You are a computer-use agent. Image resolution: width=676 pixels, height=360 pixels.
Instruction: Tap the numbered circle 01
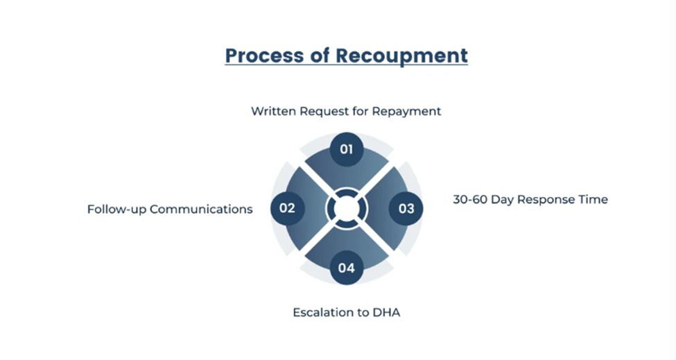point(347,149)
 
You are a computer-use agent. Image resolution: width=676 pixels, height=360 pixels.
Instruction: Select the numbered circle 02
point(287,208)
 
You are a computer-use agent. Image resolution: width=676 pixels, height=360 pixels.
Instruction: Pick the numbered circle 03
point(406,208)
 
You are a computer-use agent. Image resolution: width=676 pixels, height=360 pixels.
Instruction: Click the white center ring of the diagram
point(347,208)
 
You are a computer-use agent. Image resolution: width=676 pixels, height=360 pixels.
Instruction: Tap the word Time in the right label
point(593,199)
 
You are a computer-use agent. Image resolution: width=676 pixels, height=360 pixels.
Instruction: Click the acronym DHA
point(386,312)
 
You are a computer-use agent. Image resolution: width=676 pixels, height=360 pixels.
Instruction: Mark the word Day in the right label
point(505,200)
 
